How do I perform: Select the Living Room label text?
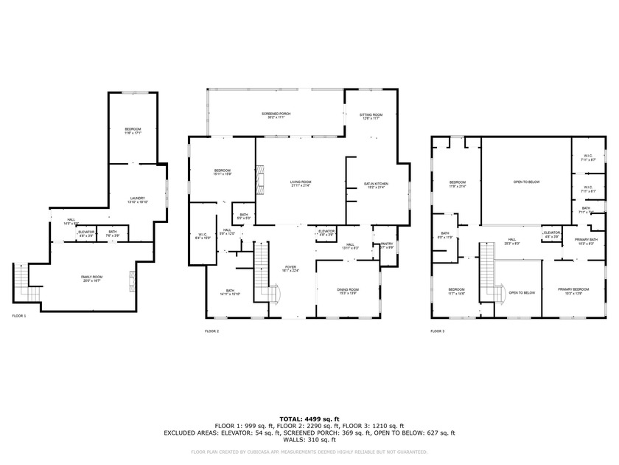(301, 184)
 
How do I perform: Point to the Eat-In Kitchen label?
(376, 185)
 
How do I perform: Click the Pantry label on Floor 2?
(386, 245)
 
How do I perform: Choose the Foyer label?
(290, 268)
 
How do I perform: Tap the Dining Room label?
(349, 291)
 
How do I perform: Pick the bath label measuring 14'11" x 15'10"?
(230, 292)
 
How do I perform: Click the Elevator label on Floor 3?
(551, 234)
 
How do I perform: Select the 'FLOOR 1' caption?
(19, 316)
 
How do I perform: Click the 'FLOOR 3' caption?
(438, 331)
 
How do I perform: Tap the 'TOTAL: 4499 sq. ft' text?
(309, 418)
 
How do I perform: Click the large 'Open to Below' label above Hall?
(526, 182)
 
